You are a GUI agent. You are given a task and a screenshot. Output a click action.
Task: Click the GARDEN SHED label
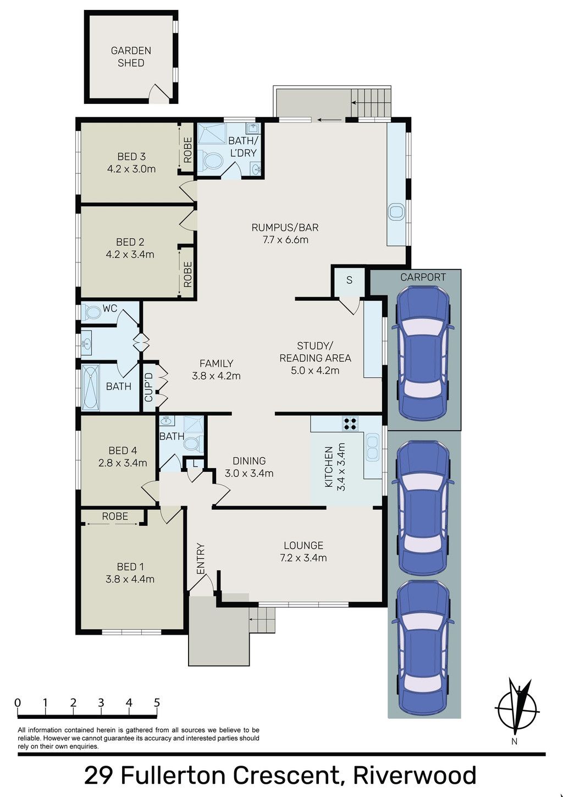point(131,57)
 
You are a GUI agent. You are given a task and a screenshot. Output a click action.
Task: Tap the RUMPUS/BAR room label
point(285,227)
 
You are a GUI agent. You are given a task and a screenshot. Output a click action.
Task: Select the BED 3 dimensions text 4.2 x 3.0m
point(131,169)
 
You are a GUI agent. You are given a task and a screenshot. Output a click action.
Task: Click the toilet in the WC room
point(91,312)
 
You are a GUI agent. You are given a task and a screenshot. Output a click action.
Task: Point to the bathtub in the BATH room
point(91,387)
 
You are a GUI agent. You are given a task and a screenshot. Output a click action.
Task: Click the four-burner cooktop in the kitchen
point(350,424)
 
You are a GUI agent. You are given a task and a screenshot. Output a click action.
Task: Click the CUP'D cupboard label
point(148,387)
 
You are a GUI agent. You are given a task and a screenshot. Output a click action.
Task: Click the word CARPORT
point(423,277)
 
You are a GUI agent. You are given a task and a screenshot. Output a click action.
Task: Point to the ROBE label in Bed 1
point(115,516)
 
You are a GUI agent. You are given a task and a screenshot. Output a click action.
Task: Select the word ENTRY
point(201,559)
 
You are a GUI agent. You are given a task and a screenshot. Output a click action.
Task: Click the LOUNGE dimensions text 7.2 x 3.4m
point(303,558)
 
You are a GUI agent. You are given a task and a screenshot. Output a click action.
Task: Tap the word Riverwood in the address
point(415,776)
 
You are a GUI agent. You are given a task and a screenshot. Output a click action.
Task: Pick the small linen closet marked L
point(195,464)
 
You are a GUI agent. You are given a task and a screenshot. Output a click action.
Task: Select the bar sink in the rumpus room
point(396,212)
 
